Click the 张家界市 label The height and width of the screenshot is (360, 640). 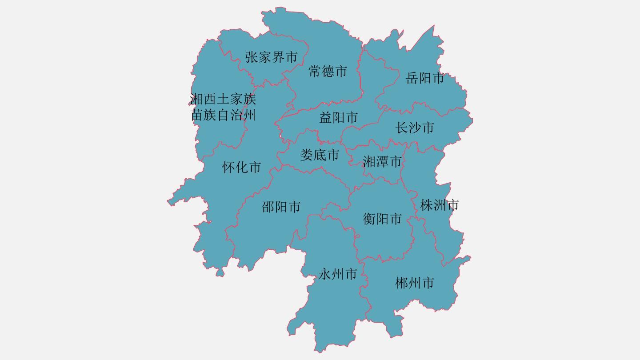pyautogui.click(x=271, y=57)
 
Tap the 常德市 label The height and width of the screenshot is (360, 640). pyautogui.click(x=328, y=71)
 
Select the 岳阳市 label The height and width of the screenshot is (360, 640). pyautogui.click(x=425, y=78)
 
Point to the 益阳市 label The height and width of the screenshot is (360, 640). pyautogui.click(x=339, y=118)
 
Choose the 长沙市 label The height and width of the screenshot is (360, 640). pyautogui.click(x=415, y=128)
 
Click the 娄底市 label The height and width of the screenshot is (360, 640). pyautogui.click(x=320, y=155)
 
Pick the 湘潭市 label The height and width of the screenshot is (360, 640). pyautogui.click(x=382, y=162)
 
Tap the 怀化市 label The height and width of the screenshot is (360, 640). pyautogui.click(x=241, y=168)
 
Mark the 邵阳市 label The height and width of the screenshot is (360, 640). pyautogui.click(x=281, y=207)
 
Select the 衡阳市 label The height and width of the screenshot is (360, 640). pyautogui.click(x=382, y=219)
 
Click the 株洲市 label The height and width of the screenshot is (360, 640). pyautogui.click(x=440, y=205)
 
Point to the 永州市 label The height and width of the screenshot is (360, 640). pyautogui.click(x=338, y=274)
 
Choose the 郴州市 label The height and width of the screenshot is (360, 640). pyautogui.click(x=415, y=283)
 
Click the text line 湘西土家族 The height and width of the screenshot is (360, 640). pyautogui.click(x=223, y=99)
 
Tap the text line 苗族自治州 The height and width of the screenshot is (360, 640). pyautogui.click(x=223, y=115)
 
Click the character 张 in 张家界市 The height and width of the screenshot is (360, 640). pyautogui.click(x=252, y=57)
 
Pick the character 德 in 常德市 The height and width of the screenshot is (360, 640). pyautogui.click(x=328, y=71)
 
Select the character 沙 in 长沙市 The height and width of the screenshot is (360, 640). pyautogui.click(x=415, y=128)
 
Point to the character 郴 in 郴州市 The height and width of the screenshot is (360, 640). pyautogui.click(x=402, y=283)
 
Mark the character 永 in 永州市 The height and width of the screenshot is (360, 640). pyautogui.click(x=325, y=274)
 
